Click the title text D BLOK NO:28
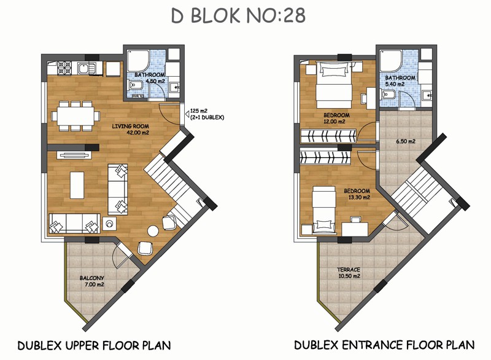[238, 16]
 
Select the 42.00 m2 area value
[137, 133]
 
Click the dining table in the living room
[75, 115]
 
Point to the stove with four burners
[64, 68]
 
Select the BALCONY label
[91, 278]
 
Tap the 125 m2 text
[199, 111]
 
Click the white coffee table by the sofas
[77, 185]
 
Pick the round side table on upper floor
[153, 231]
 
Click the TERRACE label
[349, 270]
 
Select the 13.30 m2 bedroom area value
[359, 197]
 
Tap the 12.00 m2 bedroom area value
[334, 122]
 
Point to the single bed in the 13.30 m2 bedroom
[324, 210]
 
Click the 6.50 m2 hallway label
[406, 141]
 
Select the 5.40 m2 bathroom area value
[395, 84]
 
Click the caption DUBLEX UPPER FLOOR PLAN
[95, 345]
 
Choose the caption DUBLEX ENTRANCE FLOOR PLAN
[384, 345]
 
